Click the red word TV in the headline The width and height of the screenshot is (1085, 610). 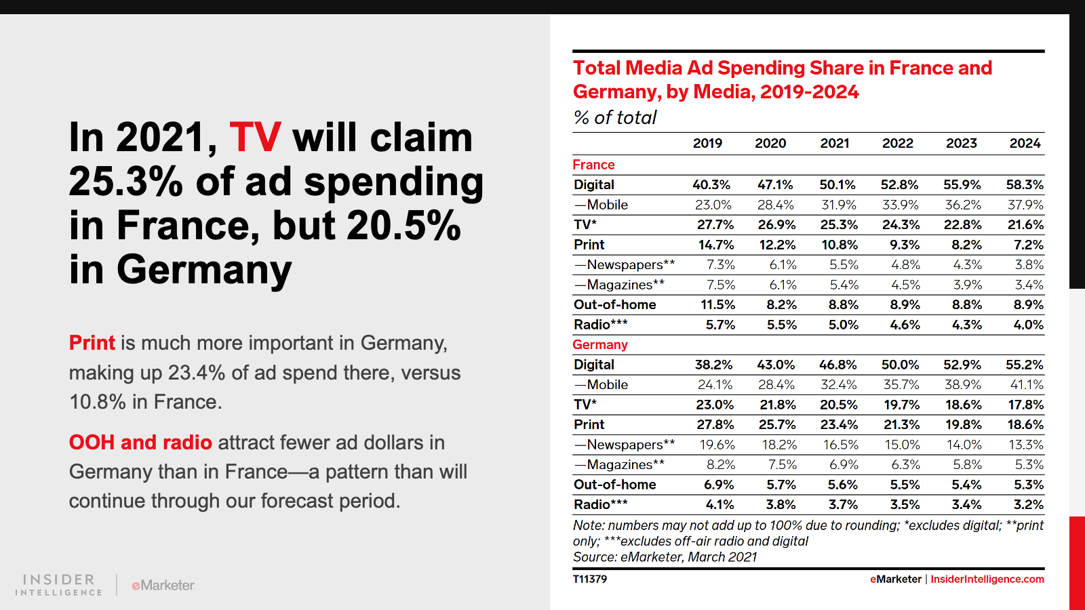point(255,138)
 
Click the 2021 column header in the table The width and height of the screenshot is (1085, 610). point(835,144)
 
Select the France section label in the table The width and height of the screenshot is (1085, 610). point(593,165)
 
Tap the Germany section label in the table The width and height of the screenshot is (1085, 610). point(600,344)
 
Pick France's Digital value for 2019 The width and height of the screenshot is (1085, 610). point(711,185)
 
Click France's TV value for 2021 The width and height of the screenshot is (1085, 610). point(839,225)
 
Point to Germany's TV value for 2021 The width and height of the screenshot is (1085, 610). point(839,405)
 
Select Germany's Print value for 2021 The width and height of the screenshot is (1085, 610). point(839,425)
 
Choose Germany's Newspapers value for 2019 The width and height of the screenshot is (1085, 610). point(717,445)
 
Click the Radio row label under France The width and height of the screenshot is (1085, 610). point(601,325)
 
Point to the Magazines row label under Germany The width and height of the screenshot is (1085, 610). point(619,465)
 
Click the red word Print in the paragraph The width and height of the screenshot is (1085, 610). point(92,343)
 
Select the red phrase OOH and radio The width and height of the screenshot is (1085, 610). point(140,443)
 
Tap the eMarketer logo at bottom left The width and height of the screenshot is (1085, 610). point(163,585)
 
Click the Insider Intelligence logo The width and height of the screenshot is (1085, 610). point(59,585)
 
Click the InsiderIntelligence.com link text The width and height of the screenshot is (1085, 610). point(987,579)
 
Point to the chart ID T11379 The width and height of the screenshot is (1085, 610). point(590,579)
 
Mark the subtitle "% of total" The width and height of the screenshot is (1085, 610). point(615,118)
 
